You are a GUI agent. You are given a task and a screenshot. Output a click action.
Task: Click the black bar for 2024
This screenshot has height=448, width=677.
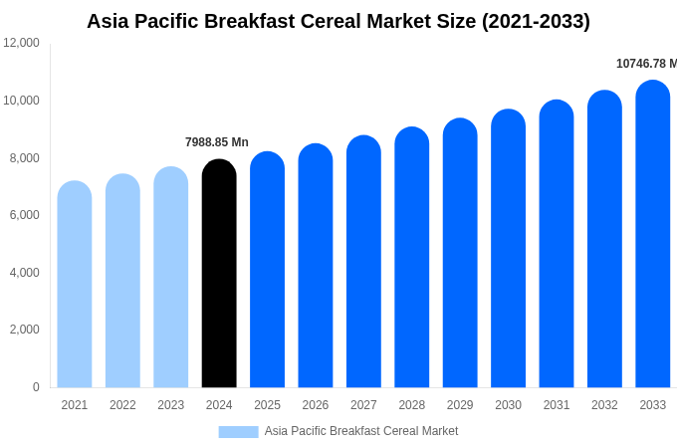click(x=219, y=274)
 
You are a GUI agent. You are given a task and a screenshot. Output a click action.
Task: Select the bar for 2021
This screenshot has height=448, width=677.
click(x=75, y=285)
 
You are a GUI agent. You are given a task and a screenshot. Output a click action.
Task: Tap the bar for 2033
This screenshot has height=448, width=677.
click(x=652, y=234)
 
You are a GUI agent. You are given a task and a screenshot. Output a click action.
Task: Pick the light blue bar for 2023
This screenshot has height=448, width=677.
click(x=171, y=278)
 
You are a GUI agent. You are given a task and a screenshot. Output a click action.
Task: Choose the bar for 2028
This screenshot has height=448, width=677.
click(x=411, y=258)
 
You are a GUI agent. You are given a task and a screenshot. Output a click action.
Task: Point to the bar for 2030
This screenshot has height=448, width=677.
click(x=508, y=249)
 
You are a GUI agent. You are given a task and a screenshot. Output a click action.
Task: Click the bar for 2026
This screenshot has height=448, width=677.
click(x=316, y=266)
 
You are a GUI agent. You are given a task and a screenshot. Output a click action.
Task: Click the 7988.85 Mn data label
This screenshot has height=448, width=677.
click(x=217, y=142)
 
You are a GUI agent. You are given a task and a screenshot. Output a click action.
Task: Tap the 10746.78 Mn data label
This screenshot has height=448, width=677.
click(x=645, y=64)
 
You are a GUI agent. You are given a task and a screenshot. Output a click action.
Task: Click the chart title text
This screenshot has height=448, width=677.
click(x=338, y=21)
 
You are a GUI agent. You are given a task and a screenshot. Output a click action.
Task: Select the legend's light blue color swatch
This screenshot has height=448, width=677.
click(x=238, y=432)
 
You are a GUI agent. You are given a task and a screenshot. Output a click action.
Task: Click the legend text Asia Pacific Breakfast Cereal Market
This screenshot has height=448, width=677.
click(x=361, y=431)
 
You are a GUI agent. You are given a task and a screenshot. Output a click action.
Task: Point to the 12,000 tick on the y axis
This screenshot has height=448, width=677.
click(x=21, y=43)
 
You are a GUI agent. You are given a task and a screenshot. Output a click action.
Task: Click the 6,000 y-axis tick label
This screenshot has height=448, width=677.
click(x=24, y=215)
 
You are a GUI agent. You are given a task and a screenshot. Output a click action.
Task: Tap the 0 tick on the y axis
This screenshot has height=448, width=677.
click(x=36, y=387)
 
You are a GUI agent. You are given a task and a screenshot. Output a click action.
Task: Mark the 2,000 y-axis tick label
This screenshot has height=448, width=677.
click(x=24, y=330)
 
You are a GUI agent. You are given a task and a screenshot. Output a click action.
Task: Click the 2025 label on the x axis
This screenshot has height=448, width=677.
click(x=267, y=405)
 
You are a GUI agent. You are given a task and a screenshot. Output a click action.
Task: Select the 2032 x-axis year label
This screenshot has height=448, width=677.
click(x=604, y=405)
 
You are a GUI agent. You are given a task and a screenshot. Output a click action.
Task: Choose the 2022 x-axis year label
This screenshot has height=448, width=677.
click(x=122, y=405)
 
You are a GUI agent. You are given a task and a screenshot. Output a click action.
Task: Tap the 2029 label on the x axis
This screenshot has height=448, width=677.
click(x=460, y=405)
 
